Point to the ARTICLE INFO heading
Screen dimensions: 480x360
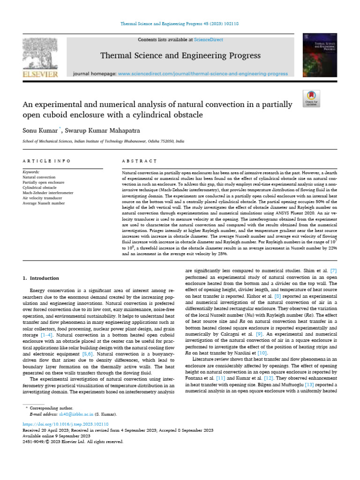coord(46,161)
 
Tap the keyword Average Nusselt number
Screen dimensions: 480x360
coord(44,202)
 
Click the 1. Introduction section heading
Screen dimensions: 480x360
coord(41,278)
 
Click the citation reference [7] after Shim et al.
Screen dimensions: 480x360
coord(333,270)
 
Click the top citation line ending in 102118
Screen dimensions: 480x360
coord(180,23)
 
